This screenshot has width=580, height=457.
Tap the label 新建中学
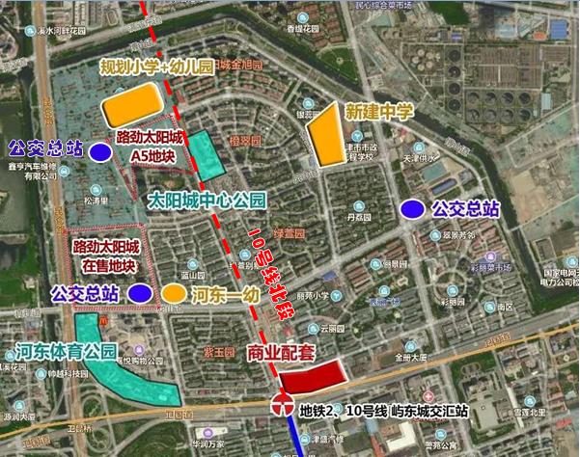pyautogui.click(x=379, y=112)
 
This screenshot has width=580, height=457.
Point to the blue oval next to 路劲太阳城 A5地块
pyautogui.click(x=99, y=151)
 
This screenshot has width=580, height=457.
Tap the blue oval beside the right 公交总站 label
pyautogui.click(x=413, y=207)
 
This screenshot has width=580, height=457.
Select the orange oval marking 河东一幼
pyautogui.click(x=175, y=292)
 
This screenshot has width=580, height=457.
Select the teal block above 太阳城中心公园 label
pyautogui.click(x=205, y=155)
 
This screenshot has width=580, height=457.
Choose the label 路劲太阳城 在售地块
pyautogui.click(x=104, y=255)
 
